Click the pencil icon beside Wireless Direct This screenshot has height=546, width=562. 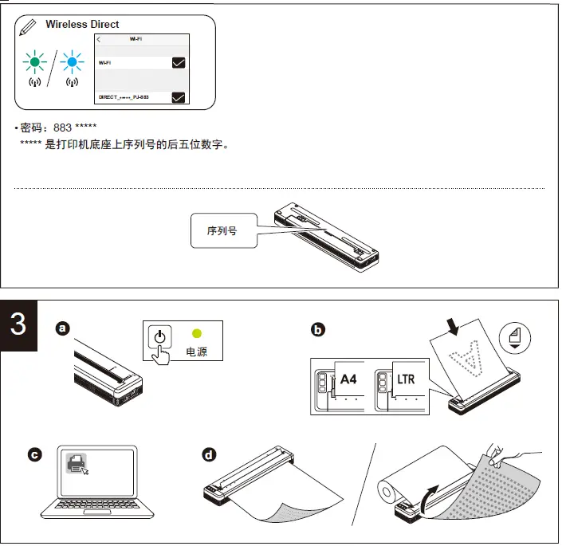pos(28,27)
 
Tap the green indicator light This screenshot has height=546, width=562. pos(34,61)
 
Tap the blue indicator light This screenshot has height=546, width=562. pos(73,61)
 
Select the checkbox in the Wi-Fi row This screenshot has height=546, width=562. pos(179,62)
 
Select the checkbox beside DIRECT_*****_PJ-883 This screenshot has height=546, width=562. pos(179,97)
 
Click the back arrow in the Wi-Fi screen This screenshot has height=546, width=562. pos(99,39)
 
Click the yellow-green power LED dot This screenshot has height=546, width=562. pos(196,335)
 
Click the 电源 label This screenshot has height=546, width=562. pos(196,352)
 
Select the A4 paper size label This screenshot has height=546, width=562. pos(348,379)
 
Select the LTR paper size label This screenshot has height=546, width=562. pos(406,379)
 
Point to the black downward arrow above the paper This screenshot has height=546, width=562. pos(453,325)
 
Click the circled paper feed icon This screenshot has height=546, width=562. pos(515,338)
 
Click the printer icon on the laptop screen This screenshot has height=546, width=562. pos(77,463)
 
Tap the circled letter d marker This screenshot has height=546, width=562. pos(209,455)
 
